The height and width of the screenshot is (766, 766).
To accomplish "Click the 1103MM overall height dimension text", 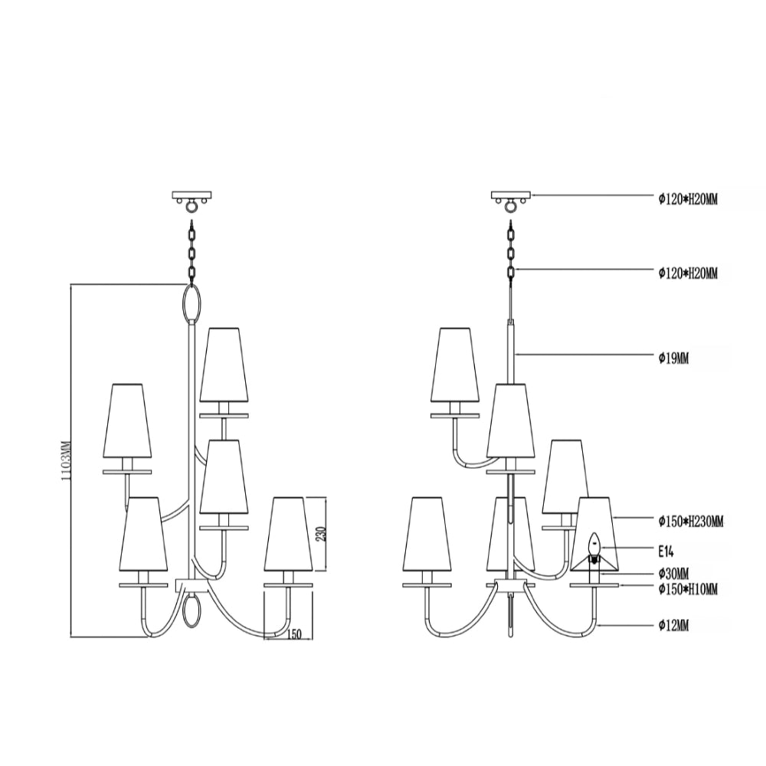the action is pos(67,460).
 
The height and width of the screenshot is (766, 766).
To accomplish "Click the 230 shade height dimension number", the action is pos(322,535).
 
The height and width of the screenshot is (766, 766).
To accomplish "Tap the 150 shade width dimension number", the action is pos(294,634).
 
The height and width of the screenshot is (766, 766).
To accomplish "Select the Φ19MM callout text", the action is pos(673,358).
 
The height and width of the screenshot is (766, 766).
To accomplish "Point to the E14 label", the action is pos(666,552).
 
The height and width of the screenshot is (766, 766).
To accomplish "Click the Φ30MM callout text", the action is pos(673,572).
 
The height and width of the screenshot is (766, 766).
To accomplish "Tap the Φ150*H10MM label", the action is pos(688,589).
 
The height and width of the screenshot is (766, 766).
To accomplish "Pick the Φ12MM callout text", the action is pos(673,625).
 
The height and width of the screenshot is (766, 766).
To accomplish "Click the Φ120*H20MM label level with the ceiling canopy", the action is pos(688,199).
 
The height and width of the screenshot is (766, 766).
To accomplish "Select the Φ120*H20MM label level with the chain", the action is pos(688,273).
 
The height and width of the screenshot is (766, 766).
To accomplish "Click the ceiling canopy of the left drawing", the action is pos(192,195).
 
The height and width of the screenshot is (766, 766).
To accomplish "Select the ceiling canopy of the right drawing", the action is pos(511,195).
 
